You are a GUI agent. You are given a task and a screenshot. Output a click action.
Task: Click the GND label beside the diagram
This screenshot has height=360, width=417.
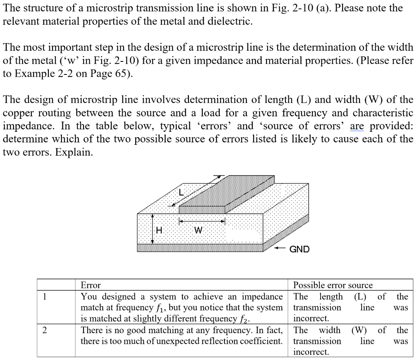(299, 249)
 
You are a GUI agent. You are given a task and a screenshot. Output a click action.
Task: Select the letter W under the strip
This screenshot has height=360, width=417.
(198, 230)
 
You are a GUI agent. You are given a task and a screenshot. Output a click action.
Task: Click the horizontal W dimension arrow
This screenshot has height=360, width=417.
(202, 222)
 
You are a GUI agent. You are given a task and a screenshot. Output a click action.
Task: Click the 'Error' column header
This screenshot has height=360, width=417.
(90, 285)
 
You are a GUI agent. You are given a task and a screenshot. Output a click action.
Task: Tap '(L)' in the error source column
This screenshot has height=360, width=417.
(361, 297)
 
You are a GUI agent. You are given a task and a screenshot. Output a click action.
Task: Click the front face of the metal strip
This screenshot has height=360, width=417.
(202, 210)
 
